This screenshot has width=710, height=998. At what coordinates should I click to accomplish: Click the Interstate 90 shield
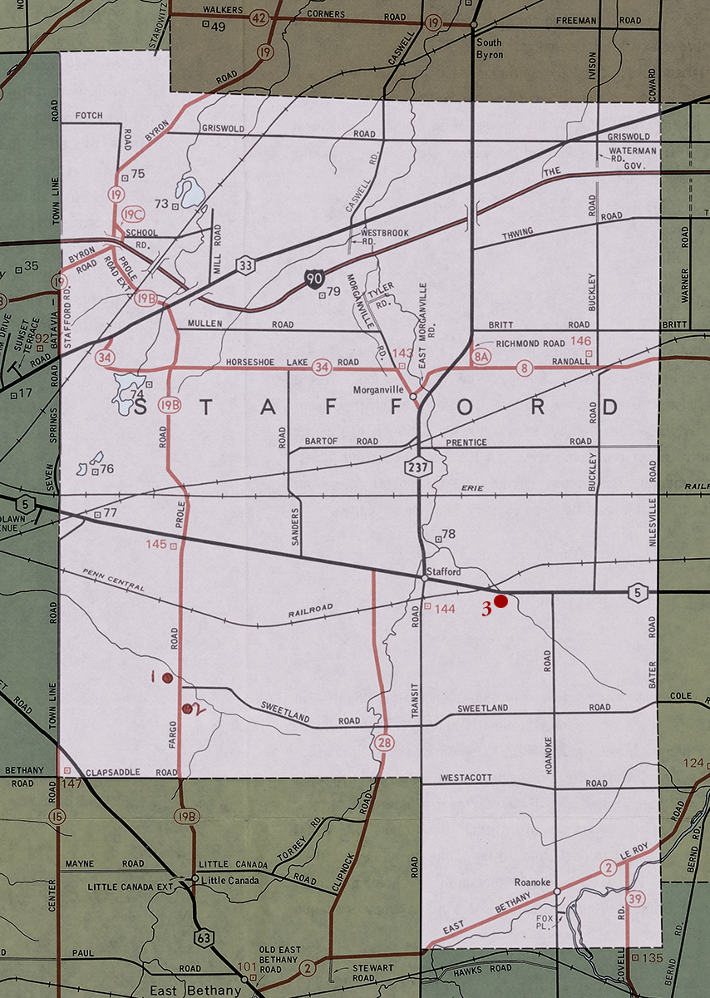tap(313, 279)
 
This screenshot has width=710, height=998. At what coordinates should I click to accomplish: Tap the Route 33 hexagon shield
tap(247, 265)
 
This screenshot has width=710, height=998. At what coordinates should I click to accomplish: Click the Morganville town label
tap(378, 389)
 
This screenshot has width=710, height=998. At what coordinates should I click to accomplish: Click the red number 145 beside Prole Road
tap(155, 545)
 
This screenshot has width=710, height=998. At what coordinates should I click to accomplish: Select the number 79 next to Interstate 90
tap(334, 291)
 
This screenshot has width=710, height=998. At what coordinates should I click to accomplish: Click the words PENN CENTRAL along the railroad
tap(115, 581)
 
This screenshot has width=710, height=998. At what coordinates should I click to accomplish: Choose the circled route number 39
tap(636, 897)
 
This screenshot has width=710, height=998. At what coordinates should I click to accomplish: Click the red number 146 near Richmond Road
tap(581, 341)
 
